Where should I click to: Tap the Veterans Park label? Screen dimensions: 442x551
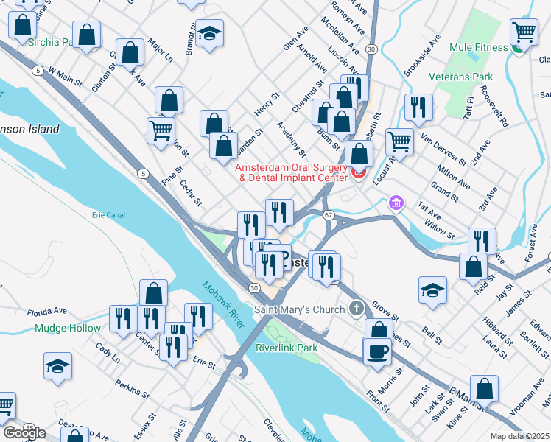[482, 77]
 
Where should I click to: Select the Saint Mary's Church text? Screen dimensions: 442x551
[299, 309]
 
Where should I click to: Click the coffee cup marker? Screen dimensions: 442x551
[377, 350]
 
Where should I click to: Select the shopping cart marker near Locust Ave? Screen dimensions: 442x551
[399, 140]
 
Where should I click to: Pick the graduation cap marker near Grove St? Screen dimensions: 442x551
[433, 290]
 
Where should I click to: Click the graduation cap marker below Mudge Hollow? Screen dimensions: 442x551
[57, 365]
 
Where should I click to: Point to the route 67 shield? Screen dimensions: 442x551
[329, 214]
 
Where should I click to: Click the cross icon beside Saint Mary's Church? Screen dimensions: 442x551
[356, 307]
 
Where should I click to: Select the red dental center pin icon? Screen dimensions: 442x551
[359, 173]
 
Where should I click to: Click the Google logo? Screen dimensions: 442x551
[24, 433]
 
